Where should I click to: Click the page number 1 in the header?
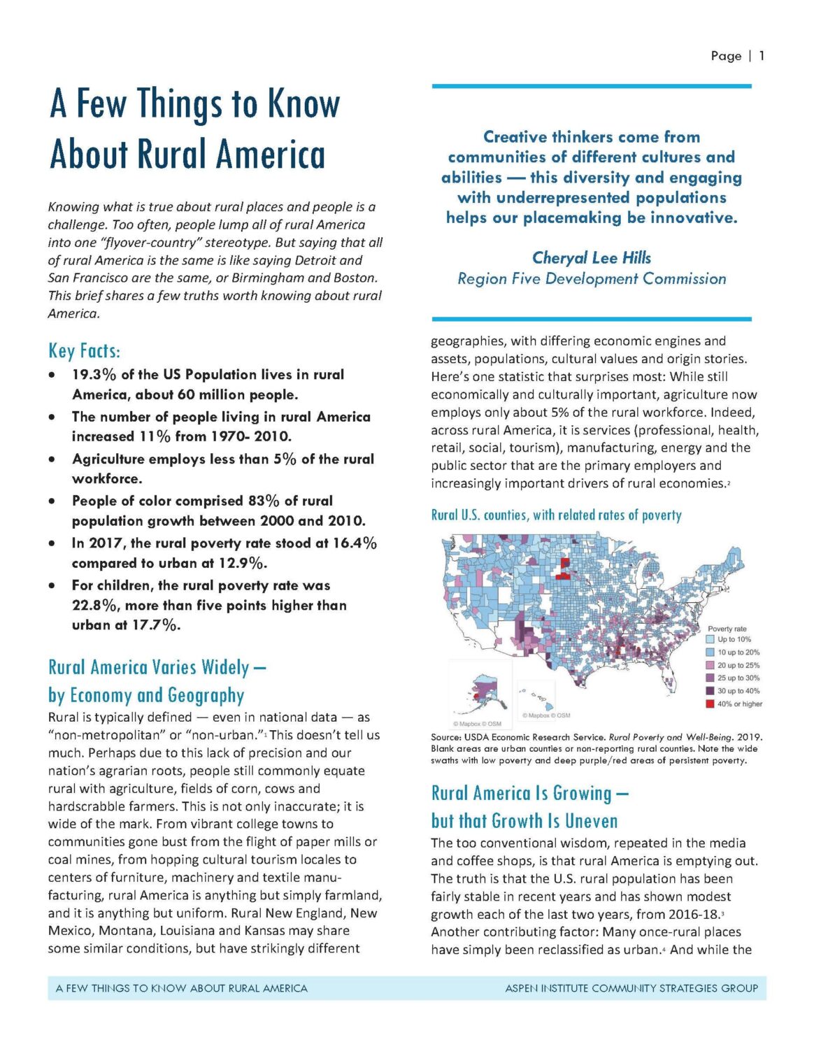762,56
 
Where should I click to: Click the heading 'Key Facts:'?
84,350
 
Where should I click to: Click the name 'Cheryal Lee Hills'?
592,258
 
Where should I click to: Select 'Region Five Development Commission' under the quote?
592,279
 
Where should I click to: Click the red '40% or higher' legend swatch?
711,704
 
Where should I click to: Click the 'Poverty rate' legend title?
727,629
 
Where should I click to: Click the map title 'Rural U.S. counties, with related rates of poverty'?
556,515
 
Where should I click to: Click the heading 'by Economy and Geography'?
146,695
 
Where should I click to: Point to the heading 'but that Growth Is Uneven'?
524,820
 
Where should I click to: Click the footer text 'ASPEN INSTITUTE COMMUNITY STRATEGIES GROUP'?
631,988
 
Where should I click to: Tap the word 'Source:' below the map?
448,737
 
